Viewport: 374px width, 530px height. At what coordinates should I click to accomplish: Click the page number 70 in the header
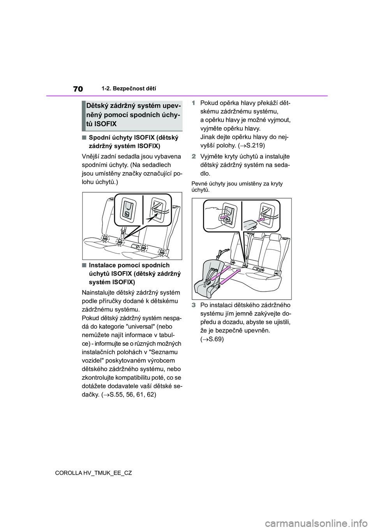(78, 89)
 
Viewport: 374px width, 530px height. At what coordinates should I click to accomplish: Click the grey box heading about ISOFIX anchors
(132, 115)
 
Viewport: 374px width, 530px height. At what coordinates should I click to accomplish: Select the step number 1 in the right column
(194, 103)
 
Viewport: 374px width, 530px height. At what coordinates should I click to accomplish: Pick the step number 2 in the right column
(194, 157)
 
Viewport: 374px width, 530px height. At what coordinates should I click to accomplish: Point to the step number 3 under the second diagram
(194, 305)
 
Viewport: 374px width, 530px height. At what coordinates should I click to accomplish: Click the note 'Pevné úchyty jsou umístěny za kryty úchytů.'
(237, 187)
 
